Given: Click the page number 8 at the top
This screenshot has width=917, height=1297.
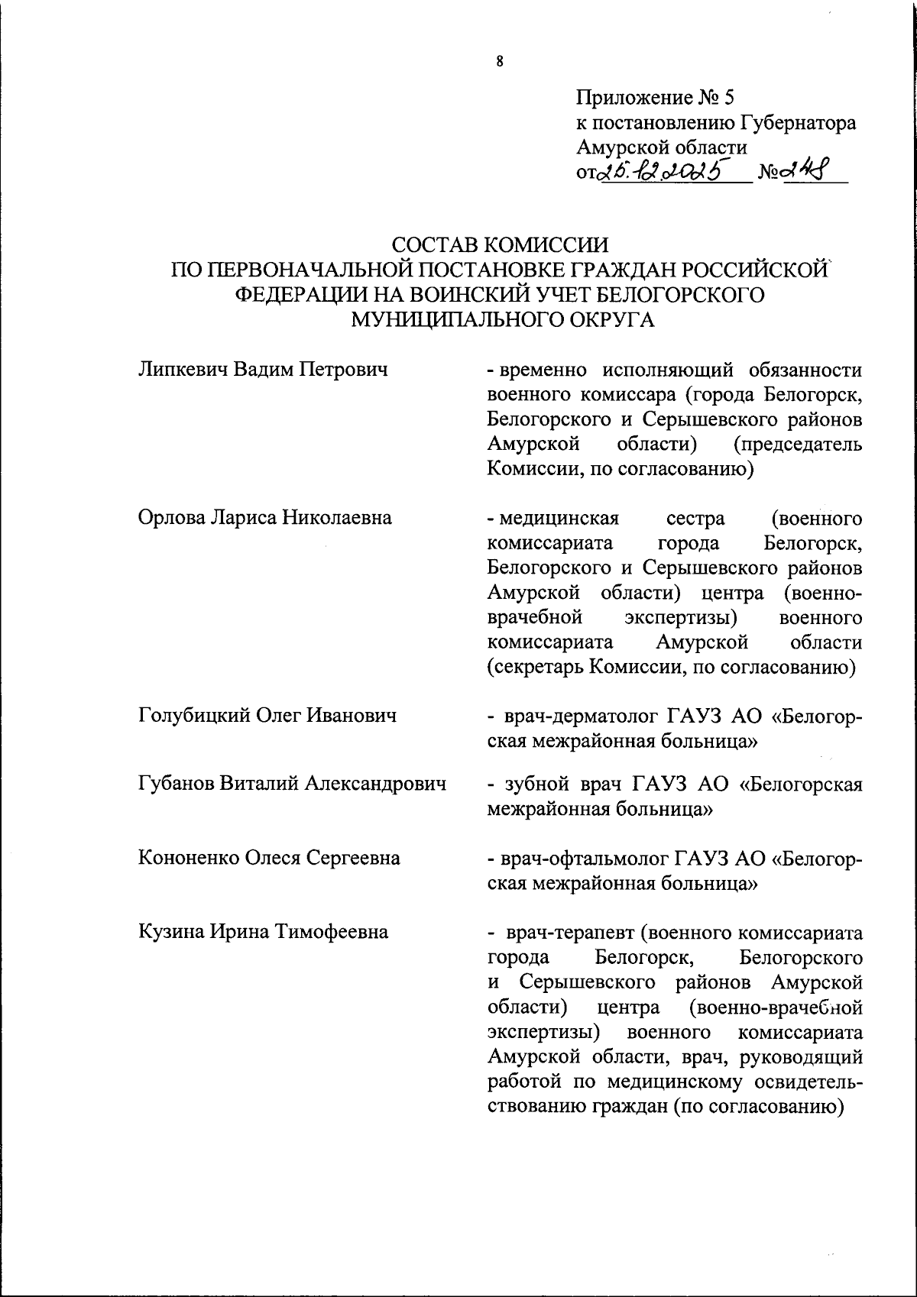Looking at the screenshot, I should [499, 63].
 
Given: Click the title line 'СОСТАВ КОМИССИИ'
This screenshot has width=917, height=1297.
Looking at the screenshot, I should [501, 245].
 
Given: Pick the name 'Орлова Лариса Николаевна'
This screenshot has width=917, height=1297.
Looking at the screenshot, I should [265, 518].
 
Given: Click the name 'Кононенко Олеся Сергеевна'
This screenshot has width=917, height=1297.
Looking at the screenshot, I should [269, 858].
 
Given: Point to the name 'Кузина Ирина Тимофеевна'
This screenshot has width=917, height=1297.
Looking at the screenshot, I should [263, 932].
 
